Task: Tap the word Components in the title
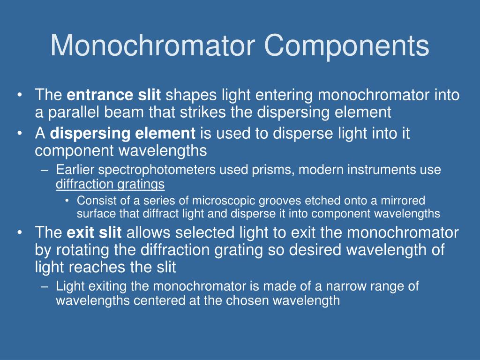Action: click(x=346, y=46)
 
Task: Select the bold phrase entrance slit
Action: click(x=114, y=96)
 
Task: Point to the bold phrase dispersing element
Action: click(x=122, y=134)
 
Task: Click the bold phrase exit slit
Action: click(x=94, y=232)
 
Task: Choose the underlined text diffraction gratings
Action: click(x=110, y=184)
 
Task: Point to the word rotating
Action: click(x=82, y=250)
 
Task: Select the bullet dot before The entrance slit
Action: click(x=19, y=96)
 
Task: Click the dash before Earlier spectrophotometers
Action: click(x=45, y=170)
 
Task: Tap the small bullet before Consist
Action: click(x=67, y=201)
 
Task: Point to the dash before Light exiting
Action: click(x=45, y=286)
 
